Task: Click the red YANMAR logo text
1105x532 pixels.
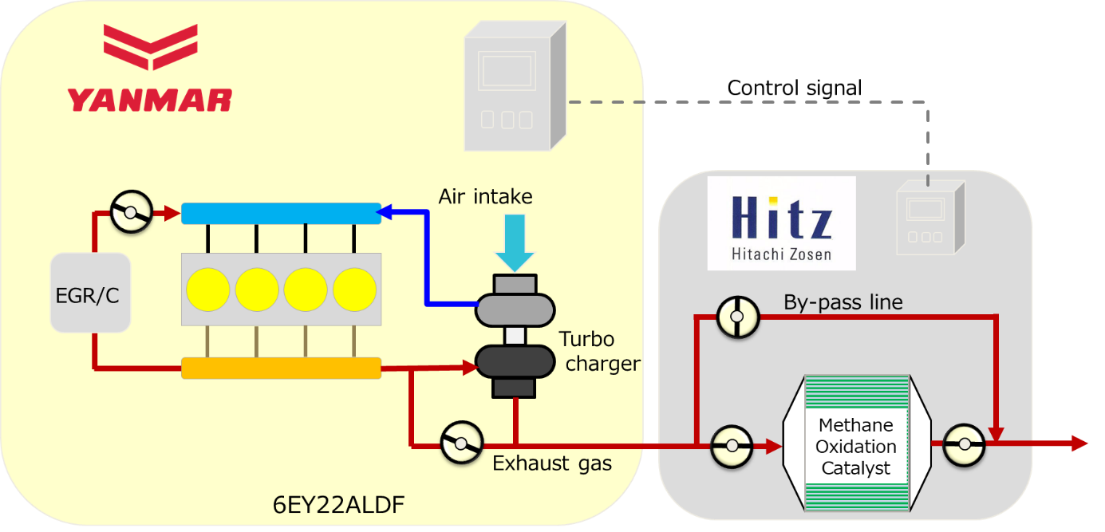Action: [150, 100]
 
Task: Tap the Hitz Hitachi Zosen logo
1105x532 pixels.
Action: [781, 223]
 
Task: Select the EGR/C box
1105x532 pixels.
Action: [90, 293]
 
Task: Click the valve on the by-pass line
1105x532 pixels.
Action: [736, 317]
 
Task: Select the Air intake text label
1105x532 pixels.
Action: [485, 196]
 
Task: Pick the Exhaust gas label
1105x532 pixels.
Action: [552, 463]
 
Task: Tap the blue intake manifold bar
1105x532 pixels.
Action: [281, 214]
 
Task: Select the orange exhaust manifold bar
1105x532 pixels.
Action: [281, 368]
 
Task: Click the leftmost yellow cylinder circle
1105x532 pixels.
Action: [208, 290]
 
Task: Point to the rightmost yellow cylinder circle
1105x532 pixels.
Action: [354, 290]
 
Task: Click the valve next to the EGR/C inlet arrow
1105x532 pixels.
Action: [131, 213]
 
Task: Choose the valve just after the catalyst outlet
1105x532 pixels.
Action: [964, 444]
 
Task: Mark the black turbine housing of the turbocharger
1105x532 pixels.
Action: [515, 363]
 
